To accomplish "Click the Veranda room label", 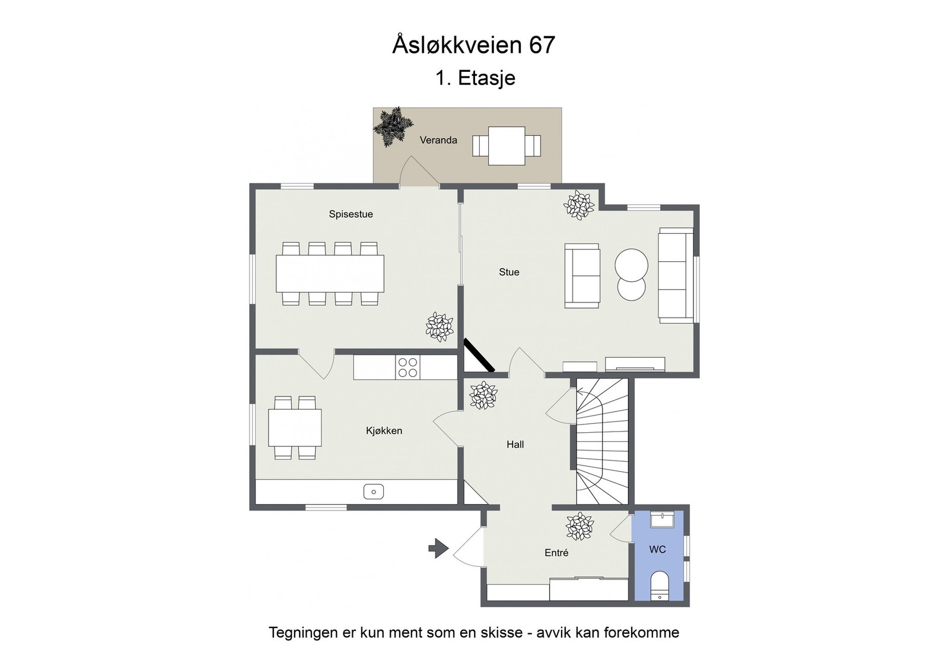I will (438, 140).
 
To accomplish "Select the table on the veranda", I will (507, 145).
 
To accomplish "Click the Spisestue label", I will (351, 214).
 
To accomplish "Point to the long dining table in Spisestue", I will (330, 273).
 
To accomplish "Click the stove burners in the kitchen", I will (407, 367).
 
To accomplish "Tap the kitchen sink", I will (373, 492).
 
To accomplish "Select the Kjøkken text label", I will (384, 431).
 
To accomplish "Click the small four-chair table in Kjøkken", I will (295, 427).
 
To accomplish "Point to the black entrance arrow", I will (438, 547).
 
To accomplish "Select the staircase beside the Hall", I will (603, 442).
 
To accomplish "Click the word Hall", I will (515, 444).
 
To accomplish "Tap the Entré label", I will (556, 553).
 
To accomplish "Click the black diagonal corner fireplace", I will (479, 356).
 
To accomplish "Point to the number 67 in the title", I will (542, 46).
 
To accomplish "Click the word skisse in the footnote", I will (496, 632).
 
